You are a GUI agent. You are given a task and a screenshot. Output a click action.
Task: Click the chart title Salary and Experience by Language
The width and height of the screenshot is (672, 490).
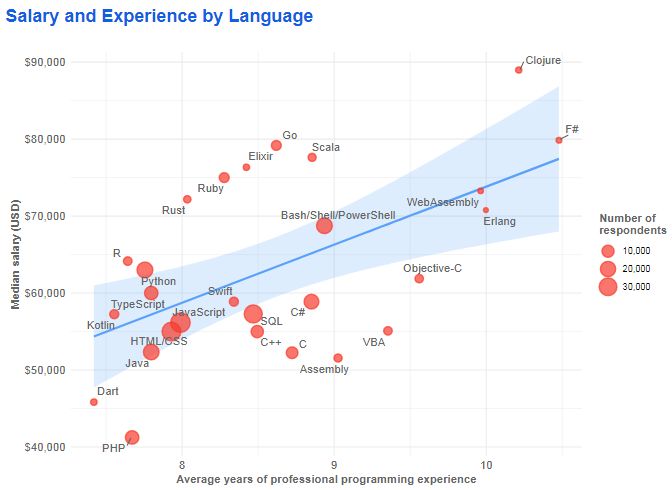click(x=159, y=17)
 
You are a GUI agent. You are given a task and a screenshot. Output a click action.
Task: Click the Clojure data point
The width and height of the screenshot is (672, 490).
click(x=518, y=70)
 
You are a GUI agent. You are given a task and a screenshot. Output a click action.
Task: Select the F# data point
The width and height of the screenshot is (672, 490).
click(x=559, y=140)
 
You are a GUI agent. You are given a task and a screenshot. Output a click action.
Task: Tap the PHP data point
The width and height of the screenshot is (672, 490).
click(x=132, y=437)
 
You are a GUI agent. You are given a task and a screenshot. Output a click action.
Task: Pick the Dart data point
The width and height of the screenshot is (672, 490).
click(x=94, y=402)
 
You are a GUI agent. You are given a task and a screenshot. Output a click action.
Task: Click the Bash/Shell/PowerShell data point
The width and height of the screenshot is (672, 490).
click(x=324, y=226)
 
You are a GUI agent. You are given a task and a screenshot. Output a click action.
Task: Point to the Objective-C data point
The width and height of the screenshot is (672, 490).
click(x=419, y=279)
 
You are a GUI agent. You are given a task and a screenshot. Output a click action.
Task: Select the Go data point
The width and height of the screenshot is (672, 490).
click(x=276, y=146)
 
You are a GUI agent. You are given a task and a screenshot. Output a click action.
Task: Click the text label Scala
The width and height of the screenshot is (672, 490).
click(x=326, y=148)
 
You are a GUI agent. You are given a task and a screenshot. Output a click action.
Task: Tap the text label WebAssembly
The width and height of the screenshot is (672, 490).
click(x=443, y=203)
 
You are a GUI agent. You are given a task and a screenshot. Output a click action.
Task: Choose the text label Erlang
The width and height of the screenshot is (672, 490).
click(x=499, y=221)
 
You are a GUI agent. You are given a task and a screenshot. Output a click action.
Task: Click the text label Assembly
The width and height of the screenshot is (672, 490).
click(x=324, y=370)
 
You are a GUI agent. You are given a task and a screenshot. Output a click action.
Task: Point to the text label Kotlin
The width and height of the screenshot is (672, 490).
click(x=101, y=326)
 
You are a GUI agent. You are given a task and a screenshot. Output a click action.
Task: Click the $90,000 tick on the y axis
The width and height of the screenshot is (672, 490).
click(x=44, y=62)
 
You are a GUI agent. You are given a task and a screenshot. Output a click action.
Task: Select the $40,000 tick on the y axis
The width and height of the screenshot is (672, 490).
click(x=44, y=447)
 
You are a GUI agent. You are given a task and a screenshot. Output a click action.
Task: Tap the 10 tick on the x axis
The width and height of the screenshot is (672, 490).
click(x=486, y=465)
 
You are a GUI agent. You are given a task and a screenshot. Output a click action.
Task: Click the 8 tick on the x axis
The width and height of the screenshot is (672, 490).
click(x=181, y=465)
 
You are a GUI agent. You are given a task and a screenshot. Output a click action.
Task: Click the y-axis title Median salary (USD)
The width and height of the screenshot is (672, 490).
click(x=16, y=254)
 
